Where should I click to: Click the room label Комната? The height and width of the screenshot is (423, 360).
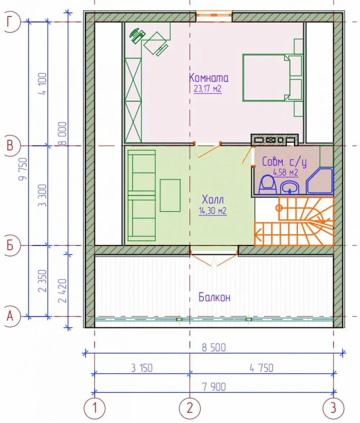pyautogui.click(x=208, y=78)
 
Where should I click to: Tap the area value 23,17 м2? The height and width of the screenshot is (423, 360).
pyautogui.click(x=208, y=88)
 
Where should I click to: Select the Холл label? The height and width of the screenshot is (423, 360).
pyautogui.click(x=213, y=200)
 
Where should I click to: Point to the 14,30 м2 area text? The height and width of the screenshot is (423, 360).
pyautogui.click(x=212, y=211)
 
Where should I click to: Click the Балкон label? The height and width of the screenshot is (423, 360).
pyautogui.click(x=215, y=297)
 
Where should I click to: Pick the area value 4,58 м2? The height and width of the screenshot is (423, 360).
pyautogui.click(x=285, y=172)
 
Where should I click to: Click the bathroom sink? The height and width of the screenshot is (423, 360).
pyautogui.click(x=289, y=187)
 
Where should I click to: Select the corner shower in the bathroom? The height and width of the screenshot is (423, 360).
pyautogui.click(x=320, y=181)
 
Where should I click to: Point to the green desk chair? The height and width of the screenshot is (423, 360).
pyautogui.click(x=137, y=35)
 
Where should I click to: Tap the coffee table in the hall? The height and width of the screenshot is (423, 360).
pyautogui.click(x=170, y=195)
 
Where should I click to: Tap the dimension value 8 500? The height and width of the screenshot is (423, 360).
pyautogui.click(x=213, y=347)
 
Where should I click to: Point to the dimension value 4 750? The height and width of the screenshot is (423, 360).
pyautogui.click(x=261, y=368)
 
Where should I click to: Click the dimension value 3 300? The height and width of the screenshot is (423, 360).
pyautogui.click(x=43, y=195)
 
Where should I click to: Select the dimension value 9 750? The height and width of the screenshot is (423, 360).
pyautogui.click(x=23, y=169)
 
